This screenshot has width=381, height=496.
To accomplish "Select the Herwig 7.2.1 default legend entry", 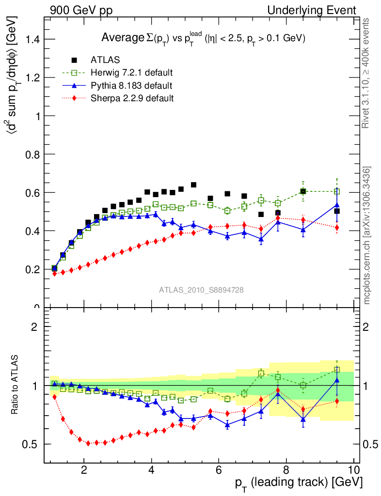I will pos(131,73).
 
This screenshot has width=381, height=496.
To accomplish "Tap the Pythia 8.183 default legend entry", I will pos(131,86).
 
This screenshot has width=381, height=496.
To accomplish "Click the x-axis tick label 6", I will pos(219,470).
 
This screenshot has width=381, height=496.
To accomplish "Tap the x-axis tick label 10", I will pos(353,470).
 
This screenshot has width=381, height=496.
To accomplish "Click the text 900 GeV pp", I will pos(80,10).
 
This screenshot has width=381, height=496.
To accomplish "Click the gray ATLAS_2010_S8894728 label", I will pos(201,290).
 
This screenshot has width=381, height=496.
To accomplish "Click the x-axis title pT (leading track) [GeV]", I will pos(299,483).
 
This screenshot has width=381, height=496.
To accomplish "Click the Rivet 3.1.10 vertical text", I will pos(367,73).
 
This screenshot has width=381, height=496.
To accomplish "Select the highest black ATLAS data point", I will pos(193,185).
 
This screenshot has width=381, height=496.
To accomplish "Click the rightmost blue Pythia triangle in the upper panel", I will pos(337,205).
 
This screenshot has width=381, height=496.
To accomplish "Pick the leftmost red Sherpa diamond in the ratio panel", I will pos(54,397).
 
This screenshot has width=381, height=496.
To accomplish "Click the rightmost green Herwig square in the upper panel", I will pos(337,191).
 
